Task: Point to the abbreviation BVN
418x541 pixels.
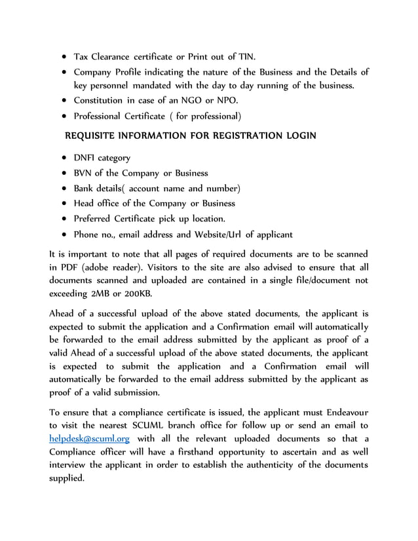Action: [83, 173]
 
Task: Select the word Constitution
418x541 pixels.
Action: [98, 101]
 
